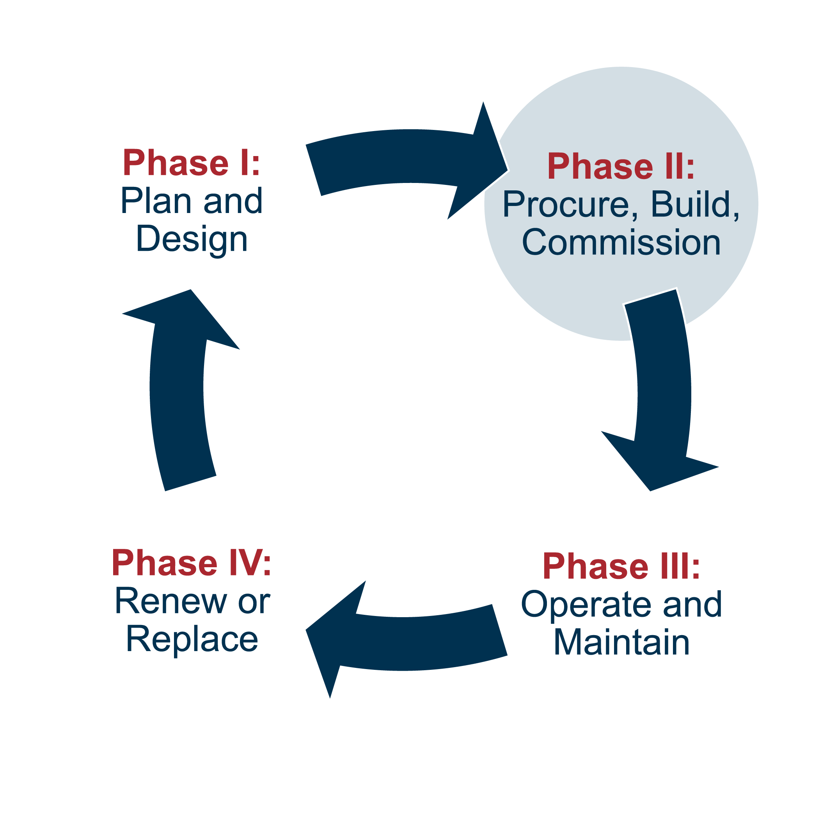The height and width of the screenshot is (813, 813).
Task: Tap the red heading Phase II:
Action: [621, 167]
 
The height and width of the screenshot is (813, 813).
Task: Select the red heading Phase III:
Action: [621, 567]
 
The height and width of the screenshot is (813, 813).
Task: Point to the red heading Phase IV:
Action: [192, 563]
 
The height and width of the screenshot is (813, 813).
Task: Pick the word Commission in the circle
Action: [621, 243]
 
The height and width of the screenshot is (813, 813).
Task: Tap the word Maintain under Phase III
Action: [621, 643]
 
